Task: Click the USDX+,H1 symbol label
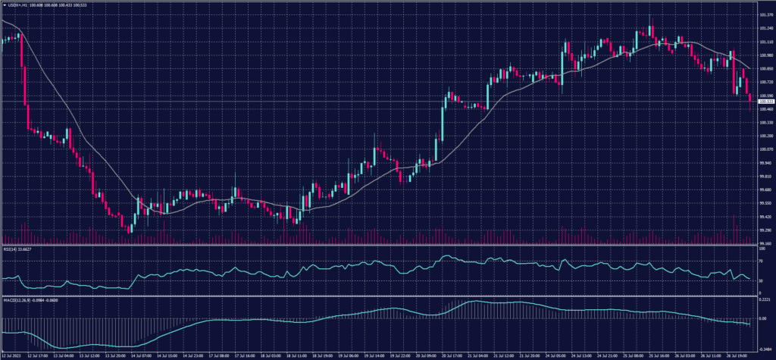(x=18, y=5)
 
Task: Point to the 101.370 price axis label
(x=765, y=14)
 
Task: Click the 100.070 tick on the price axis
(x=765, y=149)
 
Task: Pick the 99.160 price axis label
(x=765, y=243)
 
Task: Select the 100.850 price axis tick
(x=765, y=68)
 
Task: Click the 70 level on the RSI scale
(x=761, y=261)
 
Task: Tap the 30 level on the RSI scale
(x=761, y=280)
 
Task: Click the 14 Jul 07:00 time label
(x=142, y=354)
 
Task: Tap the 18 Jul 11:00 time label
(x=296, y=354)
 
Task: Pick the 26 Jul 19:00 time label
(x=739, y=354)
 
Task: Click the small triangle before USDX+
(x=4, y=5)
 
